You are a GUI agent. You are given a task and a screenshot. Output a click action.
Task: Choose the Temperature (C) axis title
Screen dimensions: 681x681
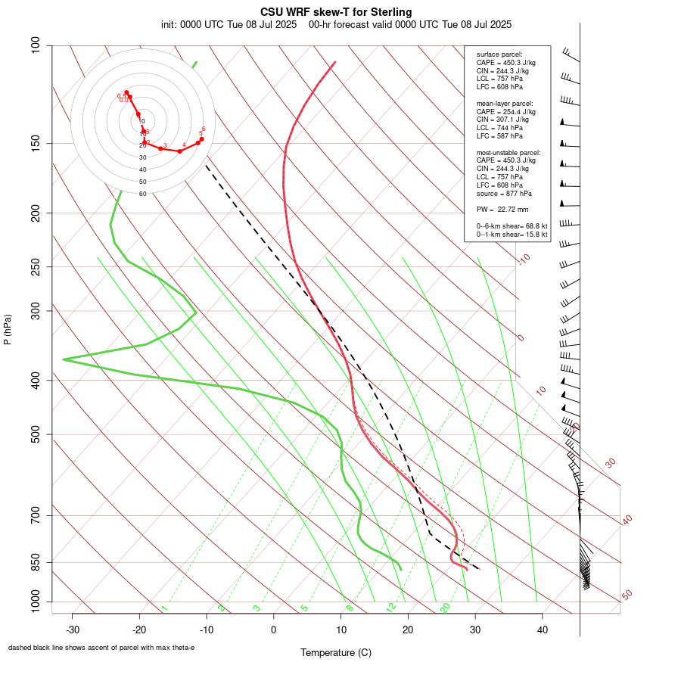[335, 652]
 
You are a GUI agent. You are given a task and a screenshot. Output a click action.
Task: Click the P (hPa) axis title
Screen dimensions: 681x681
[8, 329]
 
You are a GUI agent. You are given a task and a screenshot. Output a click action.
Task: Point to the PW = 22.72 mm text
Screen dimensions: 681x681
[502, 209]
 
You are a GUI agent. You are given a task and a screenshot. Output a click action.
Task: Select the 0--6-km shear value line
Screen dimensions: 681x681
[512, 225]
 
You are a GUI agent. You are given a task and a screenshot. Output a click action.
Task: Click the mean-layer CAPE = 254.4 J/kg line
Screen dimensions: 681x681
[505, 111]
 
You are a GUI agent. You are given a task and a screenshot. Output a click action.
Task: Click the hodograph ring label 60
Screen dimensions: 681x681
[142, 194]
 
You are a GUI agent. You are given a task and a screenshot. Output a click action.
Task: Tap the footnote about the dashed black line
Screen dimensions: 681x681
[101, 648]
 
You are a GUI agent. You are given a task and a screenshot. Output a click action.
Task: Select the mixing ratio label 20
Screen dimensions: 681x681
[445, 607]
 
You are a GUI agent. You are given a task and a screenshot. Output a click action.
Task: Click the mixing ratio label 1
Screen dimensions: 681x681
[163, 608]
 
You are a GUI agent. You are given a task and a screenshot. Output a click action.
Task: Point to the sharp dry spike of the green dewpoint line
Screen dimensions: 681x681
[64, 359]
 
